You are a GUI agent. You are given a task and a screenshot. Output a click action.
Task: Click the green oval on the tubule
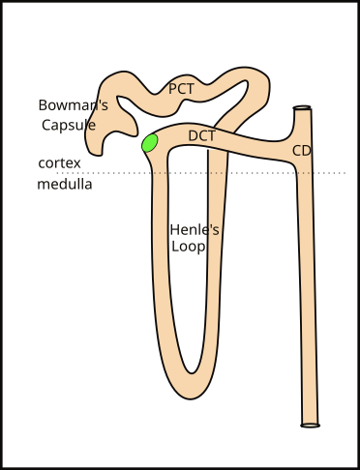150,143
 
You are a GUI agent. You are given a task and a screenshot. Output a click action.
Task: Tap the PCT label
182,88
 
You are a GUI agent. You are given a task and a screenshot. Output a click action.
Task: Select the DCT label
201,135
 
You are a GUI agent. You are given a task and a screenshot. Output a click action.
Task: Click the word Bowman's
74,104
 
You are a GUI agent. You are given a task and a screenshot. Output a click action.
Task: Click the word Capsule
69,125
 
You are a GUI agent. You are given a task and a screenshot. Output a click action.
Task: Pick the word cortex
59,163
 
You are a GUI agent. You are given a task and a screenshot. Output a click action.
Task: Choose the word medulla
65,184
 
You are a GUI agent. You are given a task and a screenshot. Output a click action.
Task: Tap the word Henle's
195,229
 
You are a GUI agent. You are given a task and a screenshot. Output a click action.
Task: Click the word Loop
188,247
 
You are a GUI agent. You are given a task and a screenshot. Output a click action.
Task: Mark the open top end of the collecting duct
303,108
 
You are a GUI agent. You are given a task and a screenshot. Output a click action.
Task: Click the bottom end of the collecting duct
310,424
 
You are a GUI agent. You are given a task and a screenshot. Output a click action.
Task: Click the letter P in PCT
173,88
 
